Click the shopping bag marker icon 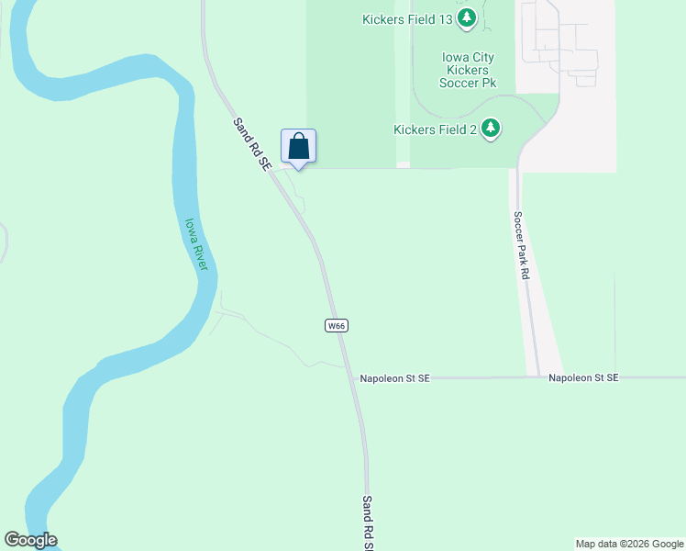click(298, 145)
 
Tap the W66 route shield click(337, 325)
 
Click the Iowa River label click(196, 244)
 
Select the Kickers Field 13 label click(407, 17)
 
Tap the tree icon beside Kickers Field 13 click(467, 17)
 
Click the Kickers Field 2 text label click(435, 129)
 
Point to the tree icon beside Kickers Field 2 click(491, 129)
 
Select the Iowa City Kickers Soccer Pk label click(468, 70)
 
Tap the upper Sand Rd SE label click(250, 143)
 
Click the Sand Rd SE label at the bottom click(367, 523)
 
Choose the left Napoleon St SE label click(394, 377)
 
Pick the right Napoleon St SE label click(583, 377)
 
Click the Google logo click(30, 540)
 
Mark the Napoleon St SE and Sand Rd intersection click(350, 377)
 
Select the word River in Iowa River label click(200, 256)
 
